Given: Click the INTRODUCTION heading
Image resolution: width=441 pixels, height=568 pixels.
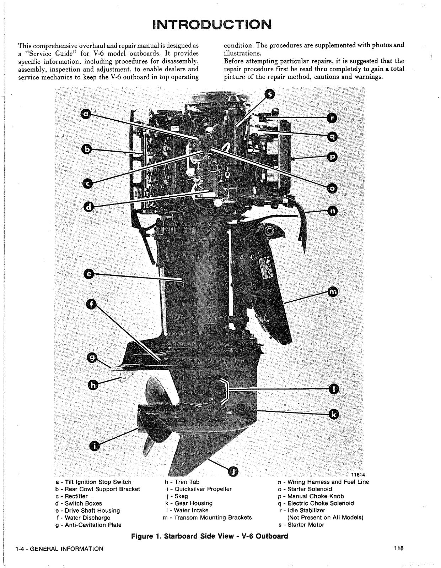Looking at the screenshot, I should pyautogui.click(x=212, y=24).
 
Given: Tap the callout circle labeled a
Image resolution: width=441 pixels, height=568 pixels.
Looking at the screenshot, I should pyautogui.click(x=86, y=114).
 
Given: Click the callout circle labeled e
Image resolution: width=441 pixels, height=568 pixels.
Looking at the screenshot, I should pyautogui.click(x=89, y=274).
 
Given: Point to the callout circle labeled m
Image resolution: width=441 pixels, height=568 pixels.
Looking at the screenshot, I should pyautogui.click(x=333, y=292).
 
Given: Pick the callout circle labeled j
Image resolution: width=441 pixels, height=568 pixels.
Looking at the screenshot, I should pyautogui.click(x=232, y=471).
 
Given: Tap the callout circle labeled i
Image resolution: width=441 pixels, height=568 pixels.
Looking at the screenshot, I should pyautogui.click(x=94, y=446).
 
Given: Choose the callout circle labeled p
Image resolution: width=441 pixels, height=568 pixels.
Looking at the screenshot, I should pyautogui.click(x=332, y=156).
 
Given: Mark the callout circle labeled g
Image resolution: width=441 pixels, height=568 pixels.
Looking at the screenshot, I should pyautogui.click(x=92, y=359).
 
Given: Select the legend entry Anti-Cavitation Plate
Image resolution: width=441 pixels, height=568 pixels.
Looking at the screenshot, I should pyautogui.click(x=88, y=525).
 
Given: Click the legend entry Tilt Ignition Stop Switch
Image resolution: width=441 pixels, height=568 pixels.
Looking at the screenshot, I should pyautogui.click(x=93, y=482).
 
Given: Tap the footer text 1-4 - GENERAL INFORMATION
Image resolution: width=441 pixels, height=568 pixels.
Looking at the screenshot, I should pyautogui.click(x=59, y=548).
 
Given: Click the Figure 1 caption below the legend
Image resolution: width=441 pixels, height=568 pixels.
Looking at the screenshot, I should pyautogui.click(x=209, y=536).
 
